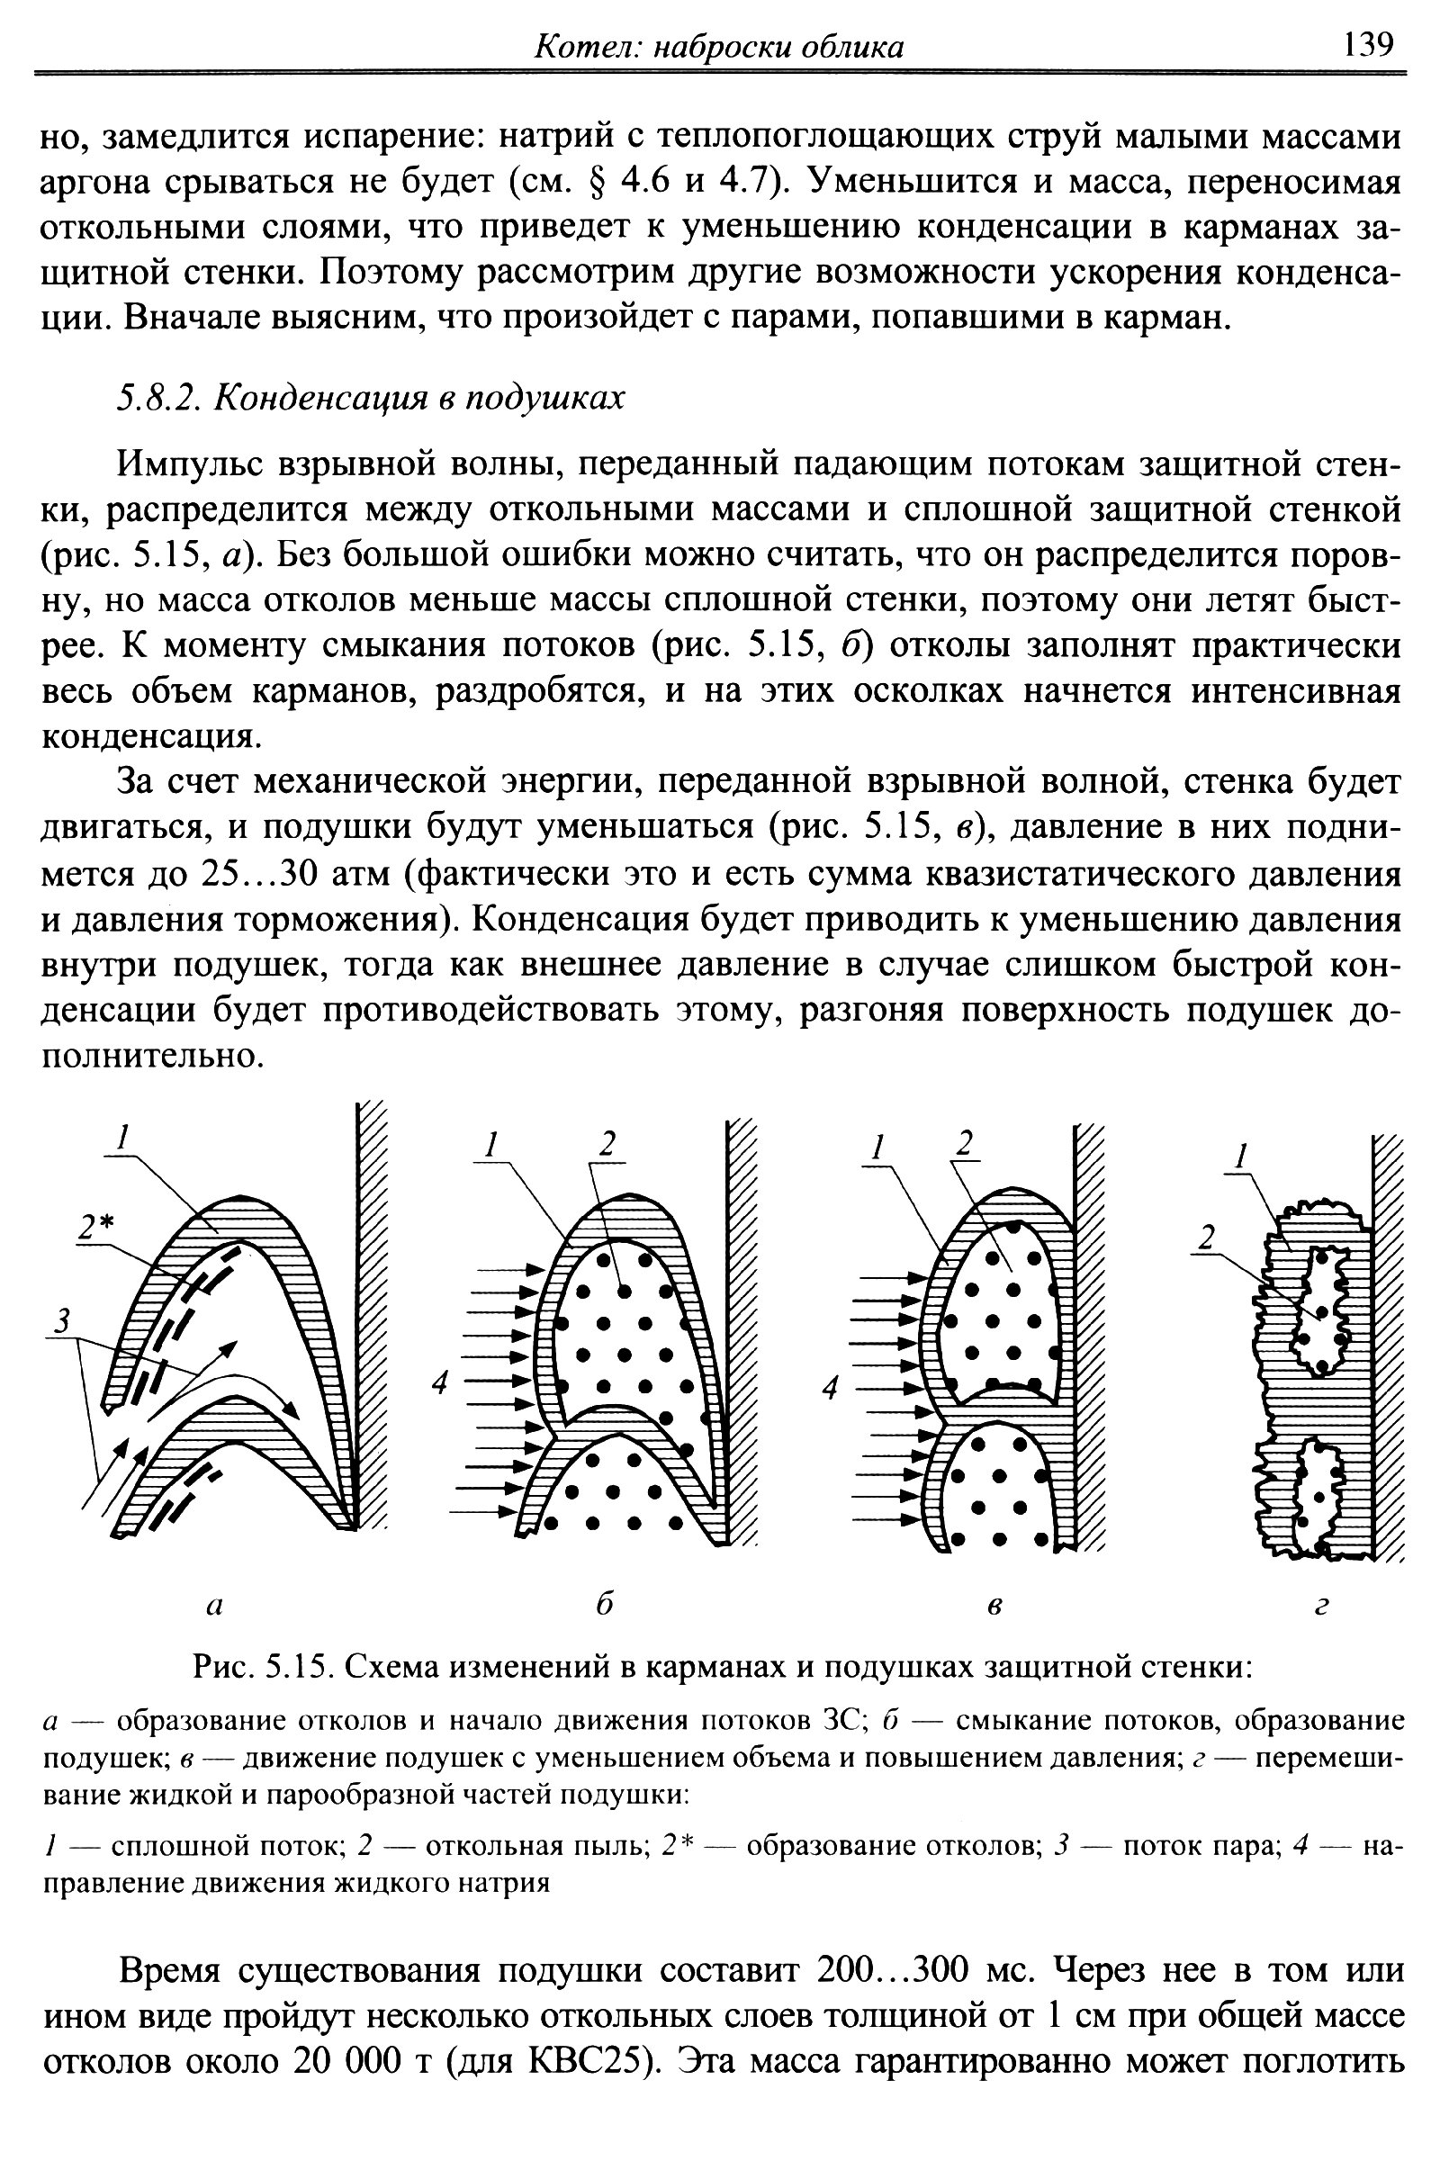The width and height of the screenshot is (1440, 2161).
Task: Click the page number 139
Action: pyautogui.click(x=1368, y=43)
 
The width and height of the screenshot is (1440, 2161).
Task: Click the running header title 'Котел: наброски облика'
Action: pyautogui.click(x=719, y=47)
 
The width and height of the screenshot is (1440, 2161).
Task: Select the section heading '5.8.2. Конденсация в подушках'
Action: pyautogui.click(x=370, y=398)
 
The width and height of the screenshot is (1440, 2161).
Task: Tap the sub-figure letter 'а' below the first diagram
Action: pyautogui.click(x=213, y=1607)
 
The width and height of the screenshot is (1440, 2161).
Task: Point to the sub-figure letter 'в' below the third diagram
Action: pyautogui.click(x=994, y=1607)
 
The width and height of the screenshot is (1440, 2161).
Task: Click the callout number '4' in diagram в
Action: pyautogui.click(x=830, y=1390)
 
